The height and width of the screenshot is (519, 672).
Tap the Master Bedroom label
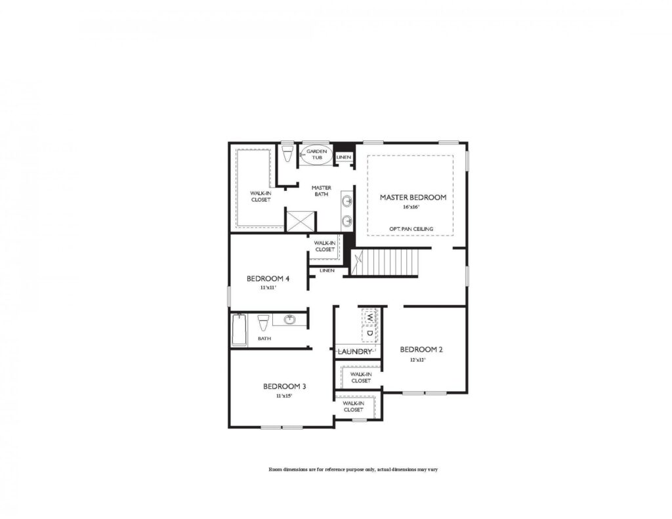pyautogui.click(x=413, y=197)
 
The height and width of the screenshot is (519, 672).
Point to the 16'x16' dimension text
pyautogui.click(x=411, y=207)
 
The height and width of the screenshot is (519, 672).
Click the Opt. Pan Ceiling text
pyautogui.click(x=410, y=229)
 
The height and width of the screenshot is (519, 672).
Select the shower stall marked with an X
pyautogui.click(x=301, y=219)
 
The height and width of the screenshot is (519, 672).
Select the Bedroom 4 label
pyautogui.click(x=268, y=279)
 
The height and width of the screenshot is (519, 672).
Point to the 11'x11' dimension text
pyautogui.click(x=267, y=287)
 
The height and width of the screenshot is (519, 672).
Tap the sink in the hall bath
pyautogui.click(x=289, y=320)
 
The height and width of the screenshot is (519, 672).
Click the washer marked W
pyautogui.click(x=370, y=317)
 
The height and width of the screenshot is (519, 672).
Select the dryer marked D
pyautogui.click(x=370, y=333)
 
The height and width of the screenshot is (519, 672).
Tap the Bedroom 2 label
pyautogui.click(x=421, y=350)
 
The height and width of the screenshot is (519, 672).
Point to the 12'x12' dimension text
pyautogui.click(x=418, y=360)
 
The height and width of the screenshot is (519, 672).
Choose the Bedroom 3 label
pyautogui.click(x=284, y=386)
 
